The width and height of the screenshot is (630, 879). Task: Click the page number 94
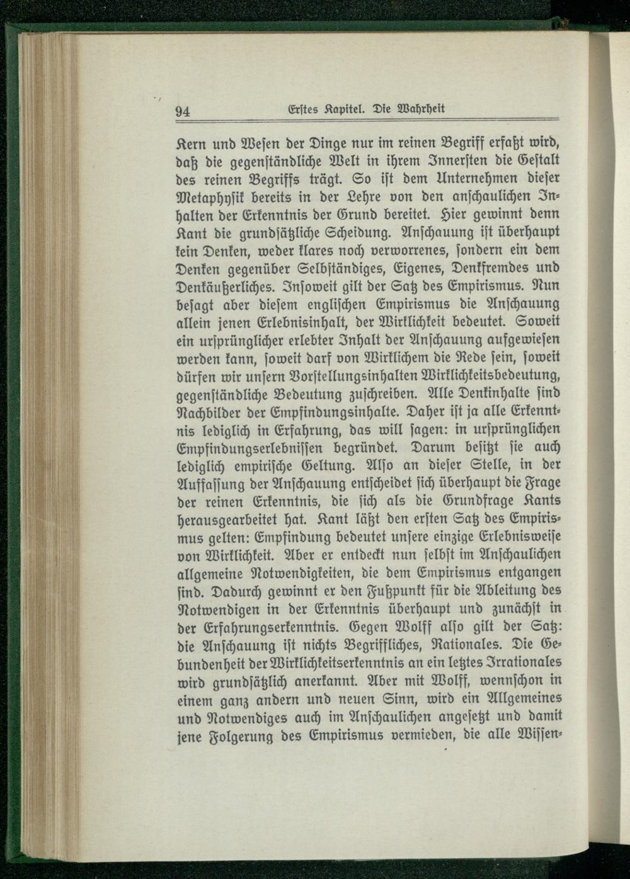(x=183, y=112)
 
